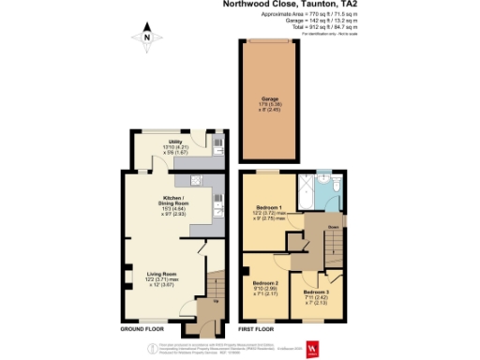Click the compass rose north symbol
(147, 38)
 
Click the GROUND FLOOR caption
(143, 330)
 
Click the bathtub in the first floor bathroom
(307, 194)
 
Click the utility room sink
(217, 145)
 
